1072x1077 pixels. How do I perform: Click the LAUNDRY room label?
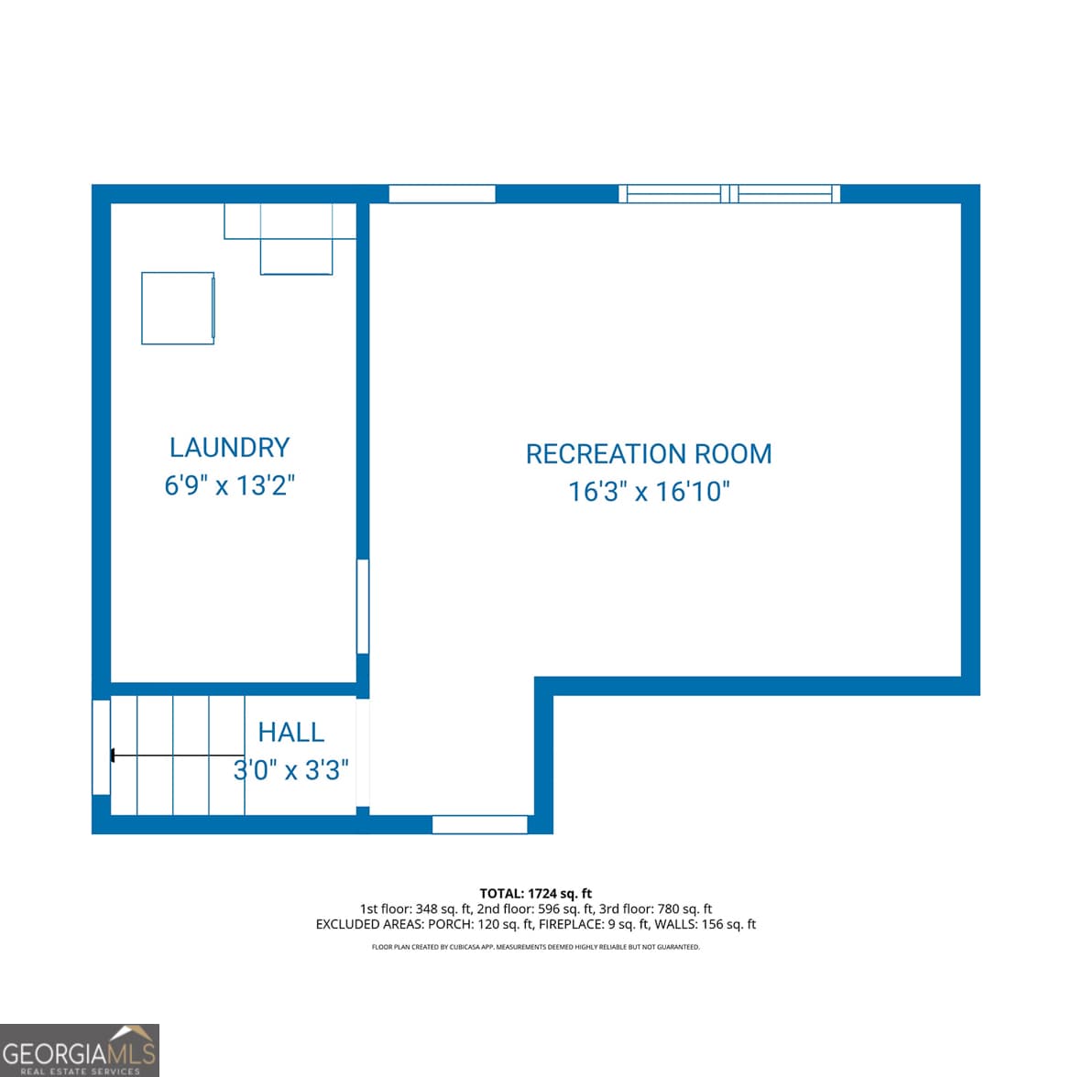[x=229, y=447]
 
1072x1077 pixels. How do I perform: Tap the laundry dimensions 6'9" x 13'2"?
[x=229, y=484]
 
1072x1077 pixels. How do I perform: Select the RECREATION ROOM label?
[x=649, y=454]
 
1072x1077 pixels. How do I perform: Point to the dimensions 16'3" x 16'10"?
[x=649, y=492]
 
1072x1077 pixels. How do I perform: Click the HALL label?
[x=291, y=732]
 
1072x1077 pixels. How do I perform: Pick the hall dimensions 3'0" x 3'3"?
[x=291, y=770]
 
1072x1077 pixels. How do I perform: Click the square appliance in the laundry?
[x=178, y=308]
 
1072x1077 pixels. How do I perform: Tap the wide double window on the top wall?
[x=729, y=193]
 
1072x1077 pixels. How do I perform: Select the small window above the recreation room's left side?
[x=442, y=193]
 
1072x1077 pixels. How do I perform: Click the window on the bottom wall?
[x=479, y=824]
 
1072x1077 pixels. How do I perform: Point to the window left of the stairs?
[x=101, y=747]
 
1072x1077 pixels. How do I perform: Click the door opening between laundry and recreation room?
[x=363, y=606]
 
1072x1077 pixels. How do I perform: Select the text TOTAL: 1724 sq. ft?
[x=535, y=893]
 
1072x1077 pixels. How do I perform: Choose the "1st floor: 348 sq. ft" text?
[x=415, y=908]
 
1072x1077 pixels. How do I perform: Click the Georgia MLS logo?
[x=80, y=1050]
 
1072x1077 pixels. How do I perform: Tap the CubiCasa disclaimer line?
[x=535, y=947]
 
